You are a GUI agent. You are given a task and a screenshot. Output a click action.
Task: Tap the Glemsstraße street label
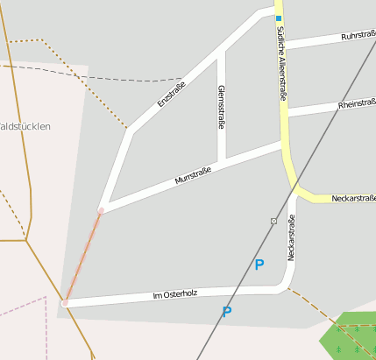pyautogui.click(x=221, y=108)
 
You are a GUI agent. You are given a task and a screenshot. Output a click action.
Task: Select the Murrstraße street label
pyautogui.click(x=194, y=177)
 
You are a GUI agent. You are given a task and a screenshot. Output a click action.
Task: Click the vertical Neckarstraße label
pyautogui.click(x=291, y=238)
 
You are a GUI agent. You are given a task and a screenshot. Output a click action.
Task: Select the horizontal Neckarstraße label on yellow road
pyautogui.click(x=353, y=199)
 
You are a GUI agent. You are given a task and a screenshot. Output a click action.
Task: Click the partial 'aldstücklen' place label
pyautogui.click(x=25, y=126)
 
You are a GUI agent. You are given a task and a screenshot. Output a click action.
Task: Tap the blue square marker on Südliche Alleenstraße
pyautogui.click(x=279, y=18)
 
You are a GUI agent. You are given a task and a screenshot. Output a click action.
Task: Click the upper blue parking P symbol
pyautogui.click(x=259, y=265)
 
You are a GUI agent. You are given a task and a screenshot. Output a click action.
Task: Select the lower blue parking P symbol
pyautogui.click(x=227, y=311)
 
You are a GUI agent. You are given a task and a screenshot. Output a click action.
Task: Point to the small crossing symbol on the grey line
pyautogui.click(x=273, y=220)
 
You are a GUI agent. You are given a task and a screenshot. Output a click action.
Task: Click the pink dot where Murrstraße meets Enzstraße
pyautogui.click(x=101, y=211)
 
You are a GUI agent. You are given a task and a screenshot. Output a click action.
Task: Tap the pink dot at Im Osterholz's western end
pyautogui.click(x=64, y=303)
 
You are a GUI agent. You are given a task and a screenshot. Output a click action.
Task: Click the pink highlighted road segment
pyautogui.click(x=82, y=258)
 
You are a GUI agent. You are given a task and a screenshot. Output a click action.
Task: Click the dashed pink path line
pyautogui.click(x=26, y=307)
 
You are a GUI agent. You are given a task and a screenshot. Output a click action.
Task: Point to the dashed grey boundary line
pyautogui.click(x=53, y=72)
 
